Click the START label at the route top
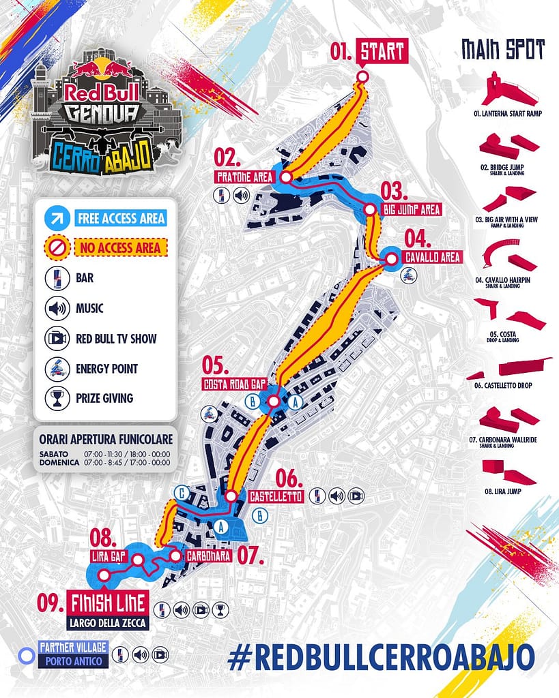pyautogui.click(x=383, y=52)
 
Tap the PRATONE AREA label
pyautogui.click(x=244, y=177)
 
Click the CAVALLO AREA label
pyautogui.click(x=433, y=257)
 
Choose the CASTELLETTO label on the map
pyautogui.click(x=276, y=496)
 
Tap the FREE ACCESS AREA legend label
pyautogui.click(x=121, y=218)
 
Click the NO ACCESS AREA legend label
pyautogui.click(x=121, y=247)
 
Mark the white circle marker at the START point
pyautogui.click(x=362, y=76)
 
